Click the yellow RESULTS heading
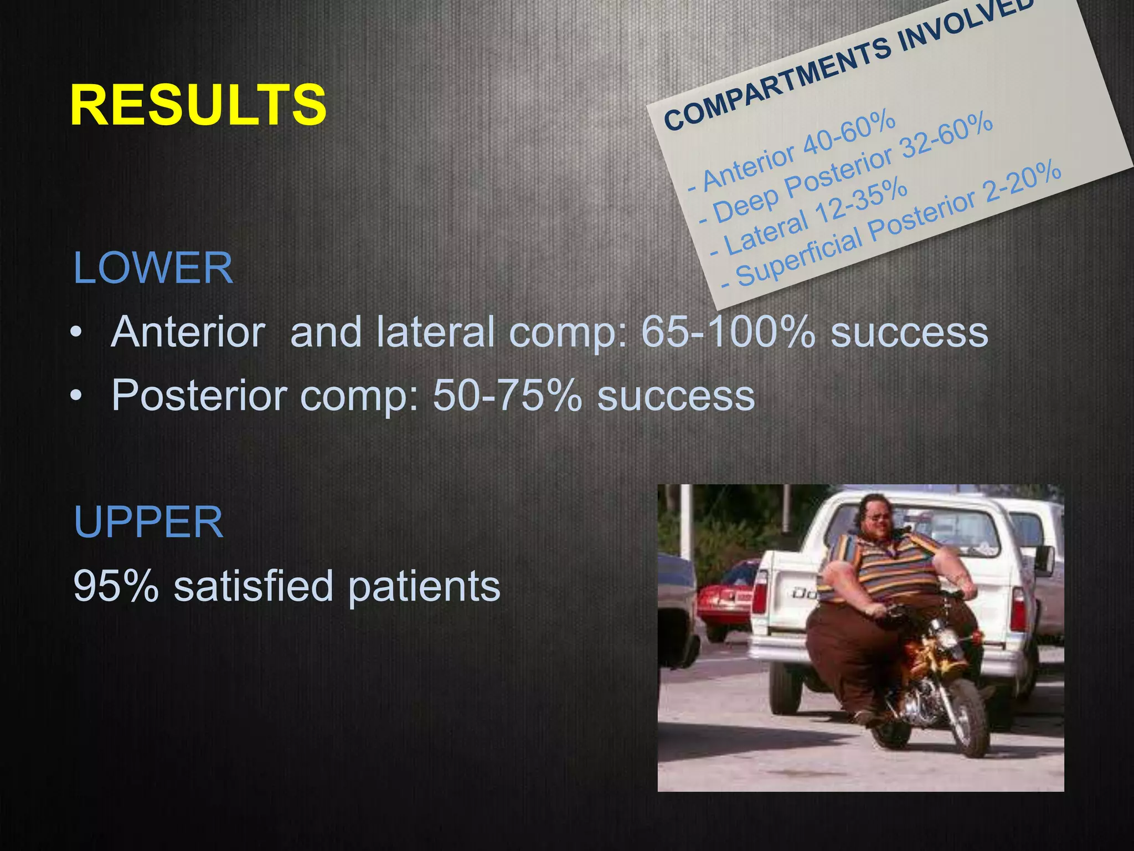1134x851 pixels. point(198,105)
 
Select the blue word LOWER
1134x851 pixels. point(153,268)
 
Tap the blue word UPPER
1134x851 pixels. point(148,522)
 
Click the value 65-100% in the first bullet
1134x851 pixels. point(728,332)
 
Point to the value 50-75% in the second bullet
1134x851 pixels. point(507,396)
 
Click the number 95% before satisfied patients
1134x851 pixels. point(116,586)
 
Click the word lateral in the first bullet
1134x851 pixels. point(435,332)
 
